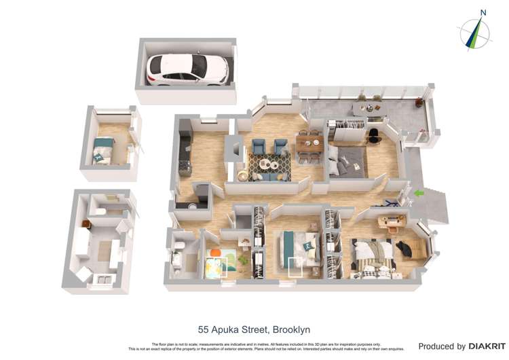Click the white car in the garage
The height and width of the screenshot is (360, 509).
[x=187, y=68]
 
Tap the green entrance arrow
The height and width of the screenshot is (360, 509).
[x=419, y=193]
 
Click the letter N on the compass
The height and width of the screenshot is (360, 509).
[x=483, y=12]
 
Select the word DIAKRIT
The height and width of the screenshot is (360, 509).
[x=485, y=346]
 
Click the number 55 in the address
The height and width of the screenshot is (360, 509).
[x=203, y=329]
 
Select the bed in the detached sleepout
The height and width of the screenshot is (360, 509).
[x=104, y=147]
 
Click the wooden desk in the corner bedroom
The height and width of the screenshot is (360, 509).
[x=391, y=221]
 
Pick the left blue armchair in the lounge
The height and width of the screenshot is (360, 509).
[x=259, y=146]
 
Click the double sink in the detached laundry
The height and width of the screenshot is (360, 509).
[x=105, y=277]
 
